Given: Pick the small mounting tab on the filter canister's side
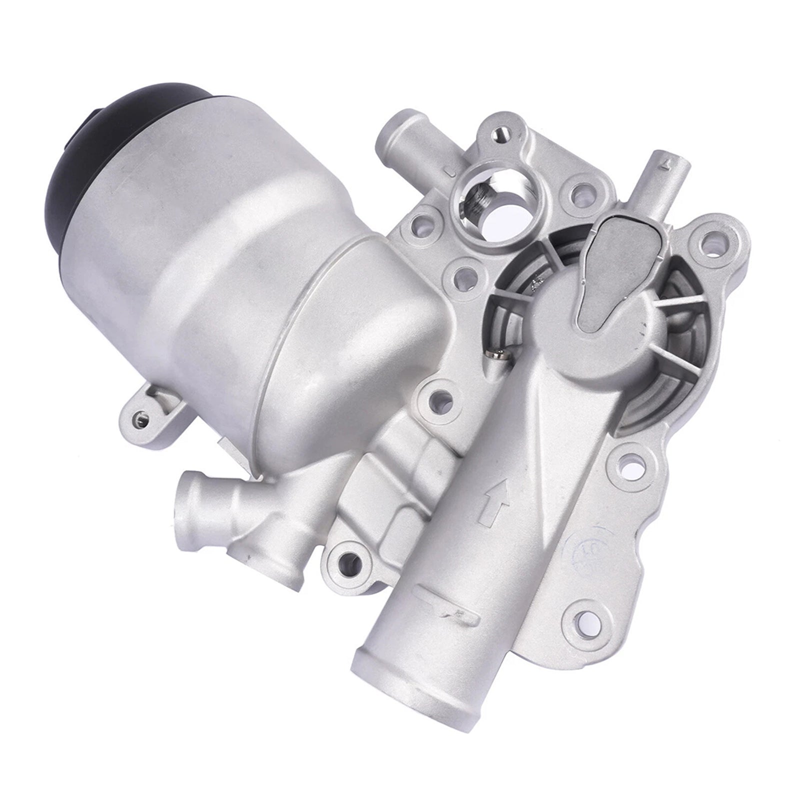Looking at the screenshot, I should tap(142, 415).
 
